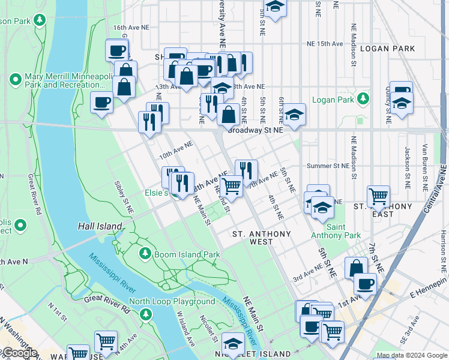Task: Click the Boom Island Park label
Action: [x=187, y=254]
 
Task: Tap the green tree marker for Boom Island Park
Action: [x=145, y=254]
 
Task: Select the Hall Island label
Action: [x=100, y=226]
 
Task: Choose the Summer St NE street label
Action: [x=327, y=166]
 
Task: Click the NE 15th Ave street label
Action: [x=324, y=44]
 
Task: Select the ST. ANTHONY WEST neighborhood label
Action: [x=261, y=238]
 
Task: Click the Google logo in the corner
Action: [x=19, y=353]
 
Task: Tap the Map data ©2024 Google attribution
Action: [x=411, y=355]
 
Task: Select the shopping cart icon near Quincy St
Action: [x=378, y=195]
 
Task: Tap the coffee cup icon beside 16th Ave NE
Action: [x=117, y=50]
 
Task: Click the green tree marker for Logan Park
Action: [x=363, y=98]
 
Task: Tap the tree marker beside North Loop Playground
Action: [x=145, y=314]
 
